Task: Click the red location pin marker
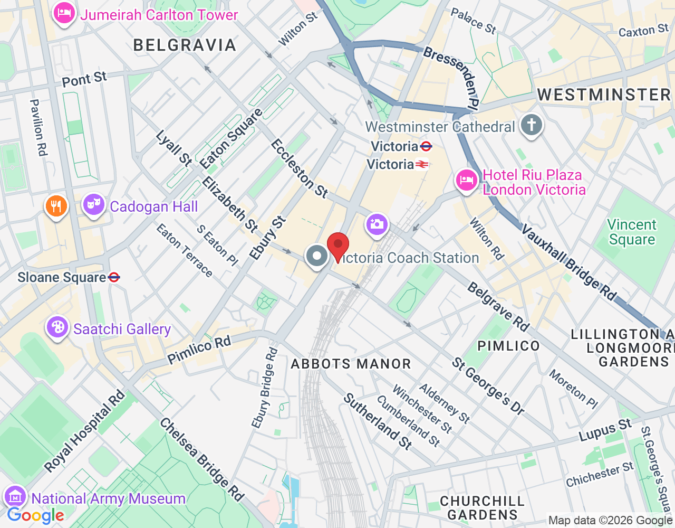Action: click(x=338, y=246)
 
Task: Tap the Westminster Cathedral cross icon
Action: click(x=531, y=126)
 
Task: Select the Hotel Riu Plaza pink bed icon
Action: click(x=466, y=180)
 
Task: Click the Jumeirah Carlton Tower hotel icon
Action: click(x=64, y=13)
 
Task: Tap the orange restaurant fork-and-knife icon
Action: click(x=56, y=205)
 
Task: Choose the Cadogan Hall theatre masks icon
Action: click(x=93, y=204)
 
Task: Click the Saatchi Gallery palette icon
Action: click(x=57, y=327)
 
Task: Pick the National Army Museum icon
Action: click(x=15, y=497)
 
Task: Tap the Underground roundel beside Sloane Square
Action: click(x=114, y=277)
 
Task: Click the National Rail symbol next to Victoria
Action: click(x=422, y=165)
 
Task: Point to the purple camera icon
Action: click(x=377, y=224)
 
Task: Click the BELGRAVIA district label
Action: click(x=185, y=45)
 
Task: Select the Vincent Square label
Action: click(x=631, y=232)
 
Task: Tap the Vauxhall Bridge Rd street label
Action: click(x=570, y=263)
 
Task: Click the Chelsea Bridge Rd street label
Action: click(x=202, y=459)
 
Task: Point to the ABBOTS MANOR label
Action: click(x=351, y=364)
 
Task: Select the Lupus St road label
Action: click(x=605, y=430)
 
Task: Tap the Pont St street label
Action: click(x=84, y=79)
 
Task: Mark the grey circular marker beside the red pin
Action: click(x=317, y=256)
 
